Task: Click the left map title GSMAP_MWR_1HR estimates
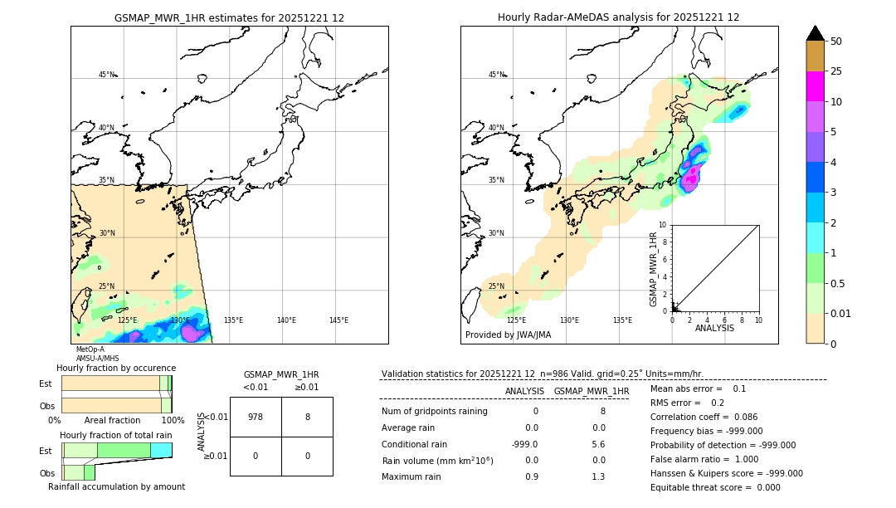(x=229, y=17)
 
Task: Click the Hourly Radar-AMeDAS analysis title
(x=618, y=17)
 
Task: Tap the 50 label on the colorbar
(x=837, y=42)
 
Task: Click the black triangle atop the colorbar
(x=816, y=33)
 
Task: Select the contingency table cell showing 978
(x=256, y=417)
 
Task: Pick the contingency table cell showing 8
(x=307, y=417)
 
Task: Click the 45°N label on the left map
(x=106, y=75)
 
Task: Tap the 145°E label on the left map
(x=338, y=320)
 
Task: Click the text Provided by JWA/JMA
(x=508, y=335)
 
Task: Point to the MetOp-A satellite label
(x=90, y=349)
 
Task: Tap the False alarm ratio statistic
(x=703, y=459)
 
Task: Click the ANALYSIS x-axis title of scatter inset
(x=715, y=328)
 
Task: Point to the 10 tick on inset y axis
(x=664, y=225)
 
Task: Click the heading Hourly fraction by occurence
(x=116, y=368)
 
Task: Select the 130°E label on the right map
(x=569, y=320)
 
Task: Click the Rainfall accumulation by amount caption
(x=116, y=486)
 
